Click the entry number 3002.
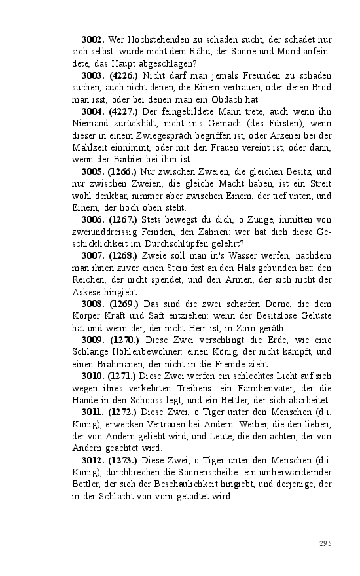click(x=93, y=39)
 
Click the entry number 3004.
click(x=93, y=112)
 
